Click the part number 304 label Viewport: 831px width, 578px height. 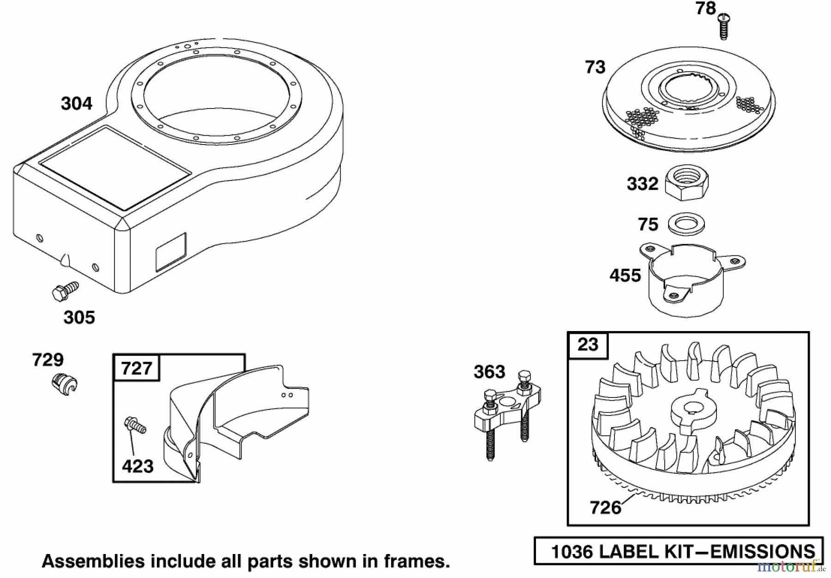77,103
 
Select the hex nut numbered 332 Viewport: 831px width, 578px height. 686,182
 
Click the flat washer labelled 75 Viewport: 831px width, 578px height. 686,224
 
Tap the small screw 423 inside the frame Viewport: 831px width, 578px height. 135,425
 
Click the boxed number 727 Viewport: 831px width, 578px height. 137,368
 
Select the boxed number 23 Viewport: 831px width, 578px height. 588,344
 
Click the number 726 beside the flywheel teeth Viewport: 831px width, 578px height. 605,508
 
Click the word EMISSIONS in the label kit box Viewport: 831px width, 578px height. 762,552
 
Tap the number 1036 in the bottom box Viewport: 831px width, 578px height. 572,552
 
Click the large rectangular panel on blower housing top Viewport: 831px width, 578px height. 114,168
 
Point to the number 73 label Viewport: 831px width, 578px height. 595,67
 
